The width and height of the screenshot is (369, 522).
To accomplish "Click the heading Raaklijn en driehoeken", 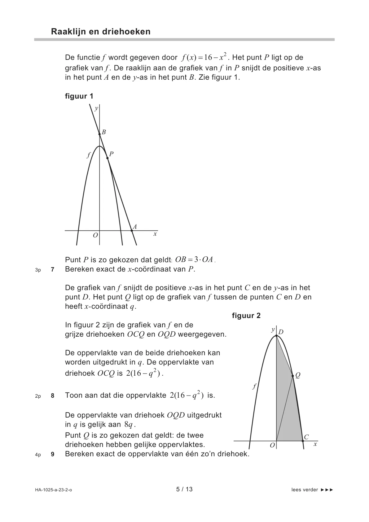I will pos(101,32).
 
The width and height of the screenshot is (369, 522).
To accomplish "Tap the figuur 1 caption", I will pos(79,96).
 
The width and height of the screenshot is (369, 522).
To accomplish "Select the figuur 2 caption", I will pos(246,316).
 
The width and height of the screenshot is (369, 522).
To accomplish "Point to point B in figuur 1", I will pos(99,134).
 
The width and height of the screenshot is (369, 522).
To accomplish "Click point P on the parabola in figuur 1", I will pos(108,158).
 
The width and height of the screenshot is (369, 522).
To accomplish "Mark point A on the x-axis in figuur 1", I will pos(132,231).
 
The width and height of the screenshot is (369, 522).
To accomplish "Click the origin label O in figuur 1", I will pos(95,235).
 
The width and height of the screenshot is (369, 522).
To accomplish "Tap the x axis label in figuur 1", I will pos(155,234).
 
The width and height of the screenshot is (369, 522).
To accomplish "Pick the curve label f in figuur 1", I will pos(88,155).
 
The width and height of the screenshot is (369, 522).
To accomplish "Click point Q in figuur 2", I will pos(293,376).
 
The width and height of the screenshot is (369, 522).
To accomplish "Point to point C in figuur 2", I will pos(303,440).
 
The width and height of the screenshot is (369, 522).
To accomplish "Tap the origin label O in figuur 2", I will pos(272,445).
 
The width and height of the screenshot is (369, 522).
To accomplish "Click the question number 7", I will pos(53,270).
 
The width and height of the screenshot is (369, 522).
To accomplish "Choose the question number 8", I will pos(53,396).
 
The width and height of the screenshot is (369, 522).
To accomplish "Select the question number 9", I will pos(53,455).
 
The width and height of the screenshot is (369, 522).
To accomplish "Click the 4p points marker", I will pos(38,455).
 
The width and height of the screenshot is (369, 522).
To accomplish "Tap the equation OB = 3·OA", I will pos(194,260).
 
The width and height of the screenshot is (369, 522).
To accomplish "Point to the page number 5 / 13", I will pos(184,489).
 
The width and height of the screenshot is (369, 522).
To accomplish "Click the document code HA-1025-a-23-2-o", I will pos(54,490).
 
